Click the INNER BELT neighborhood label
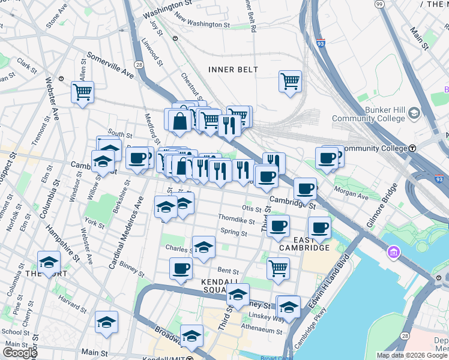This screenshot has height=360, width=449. click(233, 70)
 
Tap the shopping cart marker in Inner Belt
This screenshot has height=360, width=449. click(290, 81)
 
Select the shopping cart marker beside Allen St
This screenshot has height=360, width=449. click(82, 92)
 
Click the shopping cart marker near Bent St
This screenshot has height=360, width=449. click(278, 268)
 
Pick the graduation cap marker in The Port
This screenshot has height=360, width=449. click(49, 262)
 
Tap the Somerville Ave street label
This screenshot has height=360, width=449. click(110, 64)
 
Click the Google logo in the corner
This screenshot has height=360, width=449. click(20, 352)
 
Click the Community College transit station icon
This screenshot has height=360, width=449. click(413, 148)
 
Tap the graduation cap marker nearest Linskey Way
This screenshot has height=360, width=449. click(288, 307)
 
